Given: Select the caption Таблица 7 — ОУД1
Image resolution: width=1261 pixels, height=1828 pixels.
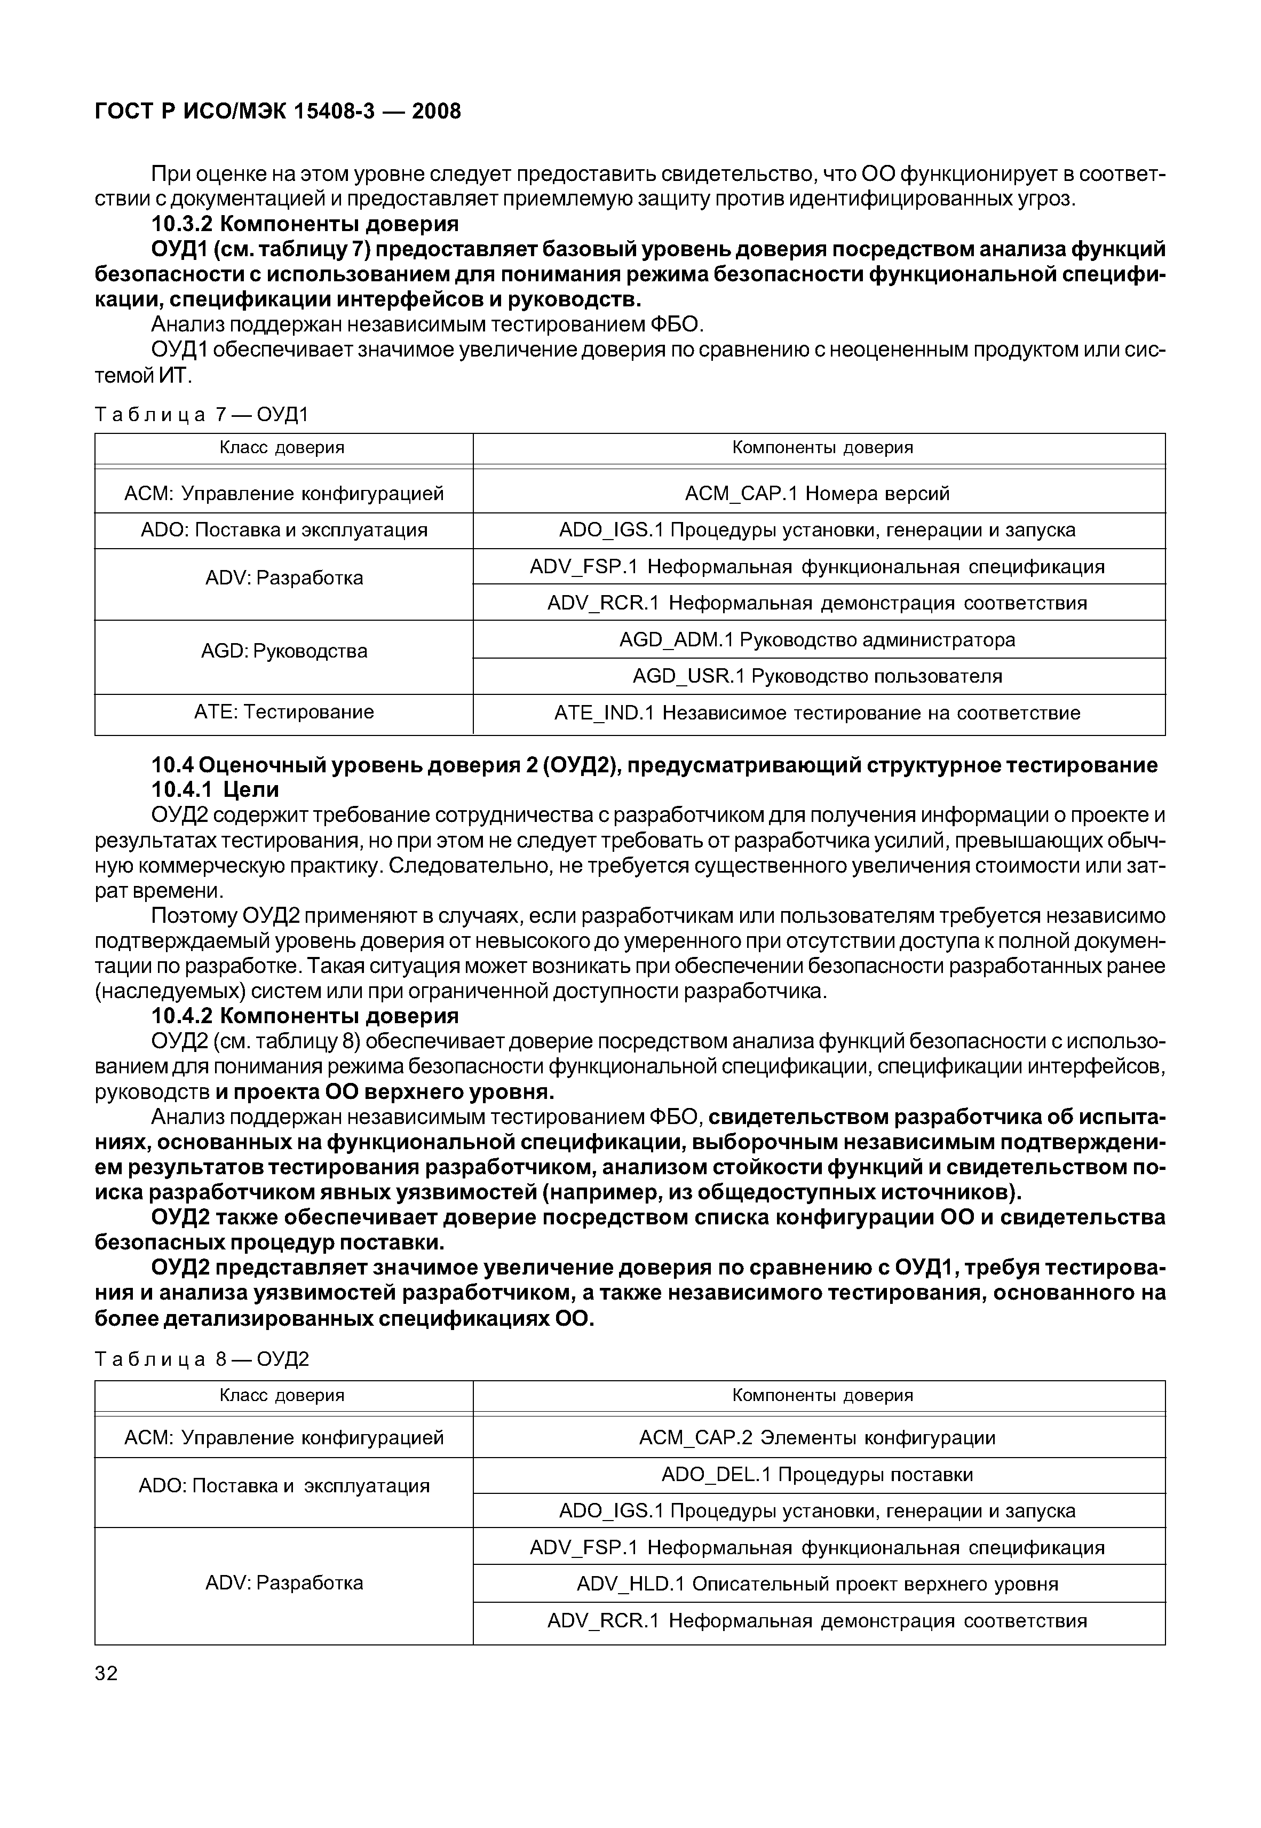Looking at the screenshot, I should [x=202, y=414].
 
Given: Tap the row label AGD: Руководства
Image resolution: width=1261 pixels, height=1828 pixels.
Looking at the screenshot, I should [x=284, y=651].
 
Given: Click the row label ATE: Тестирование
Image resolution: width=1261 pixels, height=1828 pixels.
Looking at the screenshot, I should [x=284, y=712].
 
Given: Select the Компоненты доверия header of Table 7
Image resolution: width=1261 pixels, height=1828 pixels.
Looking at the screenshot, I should [x=822, y=448].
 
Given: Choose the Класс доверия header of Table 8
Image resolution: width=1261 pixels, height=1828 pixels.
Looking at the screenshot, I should [x=282, y=1395].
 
